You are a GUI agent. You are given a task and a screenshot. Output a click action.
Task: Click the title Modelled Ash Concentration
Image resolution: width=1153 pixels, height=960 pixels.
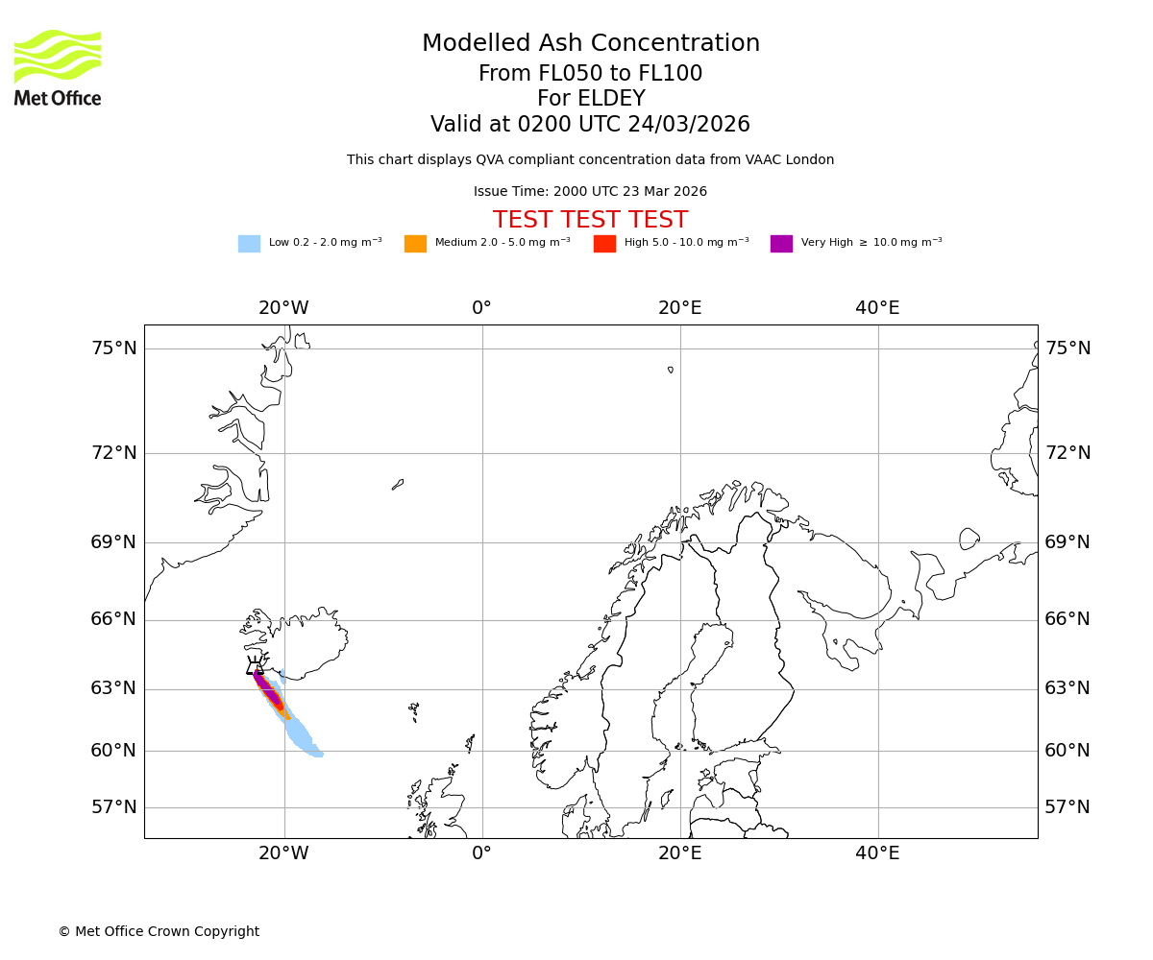click(x=591, y=44)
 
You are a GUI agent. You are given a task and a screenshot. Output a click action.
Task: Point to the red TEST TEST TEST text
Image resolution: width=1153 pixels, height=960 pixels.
click(x=590, y=220)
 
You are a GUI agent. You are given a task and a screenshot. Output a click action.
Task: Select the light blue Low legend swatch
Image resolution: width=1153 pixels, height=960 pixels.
click(x=249, y=244)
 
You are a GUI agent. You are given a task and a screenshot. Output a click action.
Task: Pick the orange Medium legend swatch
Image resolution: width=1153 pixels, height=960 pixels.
click(x=415, y=244)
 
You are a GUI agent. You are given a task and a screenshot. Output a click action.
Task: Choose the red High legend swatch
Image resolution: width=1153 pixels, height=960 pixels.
click(x=604, y=244)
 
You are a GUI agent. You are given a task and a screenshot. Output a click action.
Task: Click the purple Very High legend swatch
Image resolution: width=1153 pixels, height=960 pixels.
click(x=781, y=244)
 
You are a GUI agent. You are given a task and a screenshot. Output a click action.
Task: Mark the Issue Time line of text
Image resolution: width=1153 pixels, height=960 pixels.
click(x=590, y=192)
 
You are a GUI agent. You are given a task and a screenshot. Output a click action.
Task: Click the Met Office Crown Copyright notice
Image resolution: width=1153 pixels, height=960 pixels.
click(x=159, y=931)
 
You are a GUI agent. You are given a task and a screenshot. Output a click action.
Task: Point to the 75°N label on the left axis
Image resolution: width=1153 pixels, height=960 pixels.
click(x=113, y=348)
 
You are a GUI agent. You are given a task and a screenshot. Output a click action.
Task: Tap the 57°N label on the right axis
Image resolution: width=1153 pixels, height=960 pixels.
click(x=1067, y=807)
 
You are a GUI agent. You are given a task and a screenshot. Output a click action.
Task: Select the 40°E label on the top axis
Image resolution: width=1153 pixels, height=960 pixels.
click(x=877, y=308)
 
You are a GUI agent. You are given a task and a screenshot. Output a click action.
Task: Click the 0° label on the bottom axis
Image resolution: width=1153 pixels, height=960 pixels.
click(x=481, y=853)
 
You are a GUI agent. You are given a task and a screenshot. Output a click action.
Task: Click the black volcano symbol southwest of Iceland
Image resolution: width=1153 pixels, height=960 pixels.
click(x=255, y=666)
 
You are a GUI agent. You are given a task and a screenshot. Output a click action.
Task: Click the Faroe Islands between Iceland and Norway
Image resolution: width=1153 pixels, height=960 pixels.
click(x=414, y=710)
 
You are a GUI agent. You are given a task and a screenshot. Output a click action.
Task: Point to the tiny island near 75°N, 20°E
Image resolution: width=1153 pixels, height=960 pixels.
click(x=671, y=370)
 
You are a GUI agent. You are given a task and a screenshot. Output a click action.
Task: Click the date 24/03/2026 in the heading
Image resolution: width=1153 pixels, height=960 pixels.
click(x=689, y=125)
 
